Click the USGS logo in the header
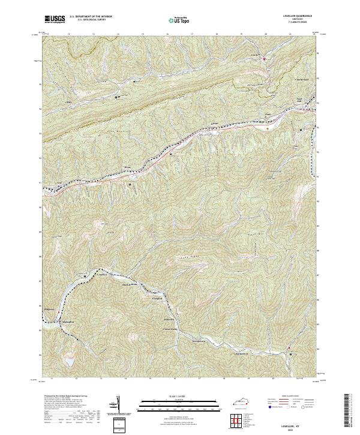[x=55, y=19]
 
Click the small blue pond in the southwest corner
[x=70, y=362]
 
